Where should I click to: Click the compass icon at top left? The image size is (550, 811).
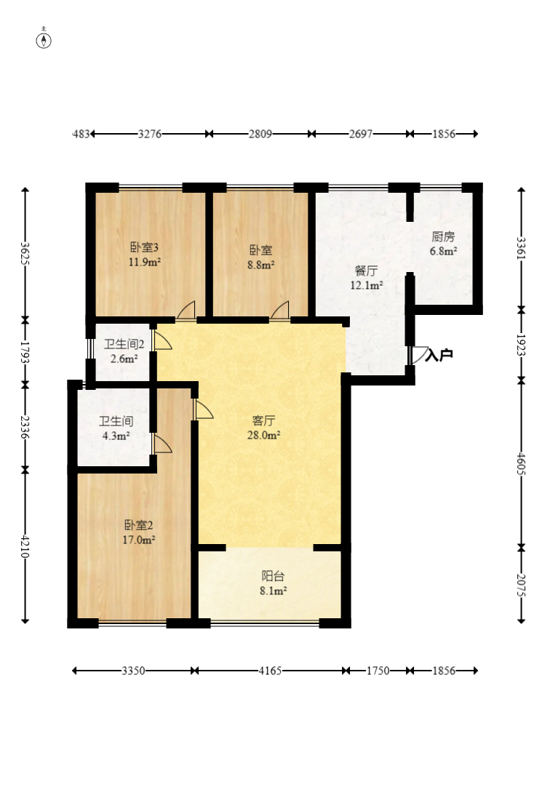44,39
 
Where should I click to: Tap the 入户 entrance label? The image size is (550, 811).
439,355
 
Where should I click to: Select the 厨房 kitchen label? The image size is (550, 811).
443,237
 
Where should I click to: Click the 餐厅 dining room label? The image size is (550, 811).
367,271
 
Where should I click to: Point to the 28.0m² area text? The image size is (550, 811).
264,435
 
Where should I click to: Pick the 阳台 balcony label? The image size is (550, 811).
274,576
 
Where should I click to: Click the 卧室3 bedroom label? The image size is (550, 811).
144,247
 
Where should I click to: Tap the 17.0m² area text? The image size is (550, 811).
139,540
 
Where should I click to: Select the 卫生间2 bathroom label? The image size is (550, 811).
124,344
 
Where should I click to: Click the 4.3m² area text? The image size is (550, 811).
116,436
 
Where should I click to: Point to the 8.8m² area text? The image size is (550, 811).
260,265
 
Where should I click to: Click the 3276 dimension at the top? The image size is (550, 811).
150,134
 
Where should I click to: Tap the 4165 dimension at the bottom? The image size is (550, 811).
270,671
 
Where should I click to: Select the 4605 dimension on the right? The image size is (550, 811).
521,464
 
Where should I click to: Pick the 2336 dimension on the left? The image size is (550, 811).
24,427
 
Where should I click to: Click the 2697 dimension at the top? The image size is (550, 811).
361,134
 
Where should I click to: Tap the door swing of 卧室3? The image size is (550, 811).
186,309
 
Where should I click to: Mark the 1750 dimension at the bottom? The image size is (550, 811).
378,671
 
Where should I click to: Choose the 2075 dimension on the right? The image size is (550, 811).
521,585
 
